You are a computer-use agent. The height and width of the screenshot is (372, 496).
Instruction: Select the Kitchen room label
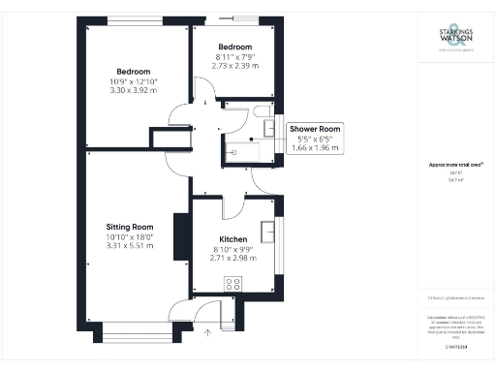point(232,239)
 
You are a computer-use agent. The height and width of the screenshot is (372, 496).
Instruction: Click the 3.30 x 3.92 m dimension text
point(134,91)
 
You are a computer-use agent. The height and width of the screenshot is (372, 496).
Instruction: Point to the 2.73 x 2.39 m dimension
point(234,68)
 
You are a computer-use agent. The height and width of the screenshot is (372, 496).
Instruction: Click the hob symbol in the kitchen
point(232,283)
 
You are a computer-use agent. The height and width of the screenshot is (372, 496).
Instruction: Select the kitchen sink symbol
point(270,232)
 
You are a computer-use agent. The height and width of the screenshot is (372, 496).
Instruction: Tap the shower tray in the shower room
point(235,152)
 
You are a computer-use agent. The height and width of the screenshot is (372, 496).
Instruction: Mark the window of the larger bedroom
point(134,20)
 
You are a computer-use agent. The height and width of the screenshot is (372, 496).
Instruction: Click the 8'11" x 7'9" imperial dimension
point(234,57)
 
